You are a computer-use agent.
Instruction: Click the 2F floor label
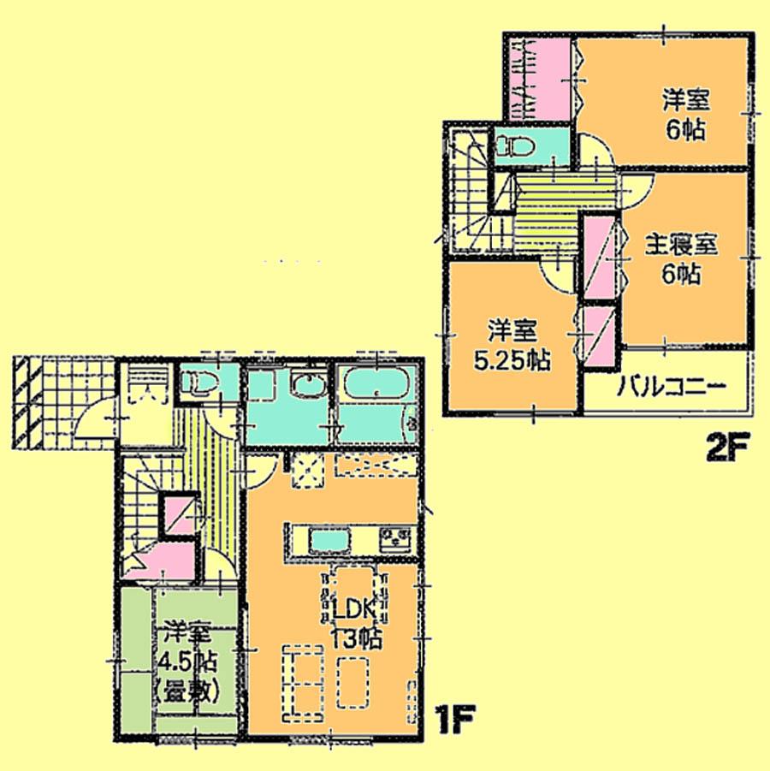pos(727,447)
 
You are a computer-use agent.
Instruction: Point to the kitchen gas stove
pos(395,539)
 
